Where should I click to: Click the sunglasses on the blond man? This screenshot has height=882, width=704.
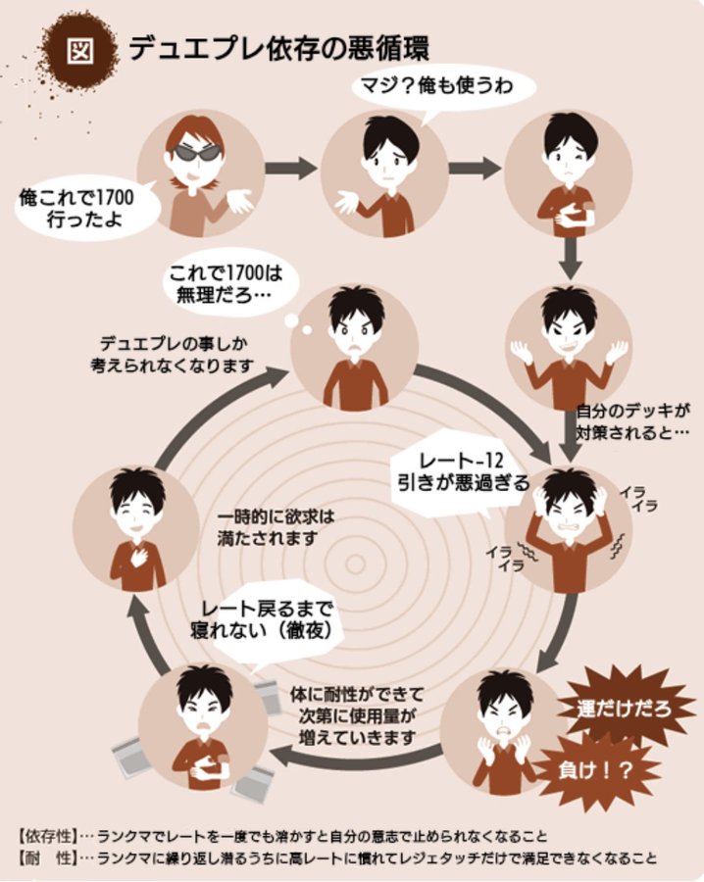point(194,151)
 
